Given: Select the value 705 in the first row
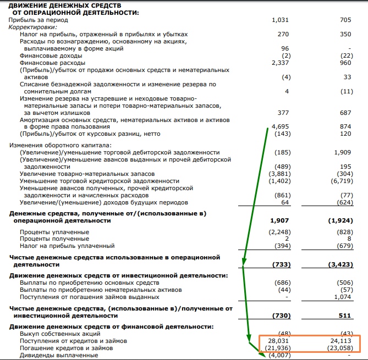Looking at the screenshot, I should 345,20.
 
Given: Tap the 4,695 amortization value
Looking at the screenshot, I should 280,126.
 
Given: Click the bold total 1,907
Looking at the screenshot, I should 280,220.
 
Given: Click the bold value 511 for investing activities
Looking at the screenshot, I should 344,315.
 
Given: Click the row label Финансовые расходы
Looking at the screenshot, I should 51,63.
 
